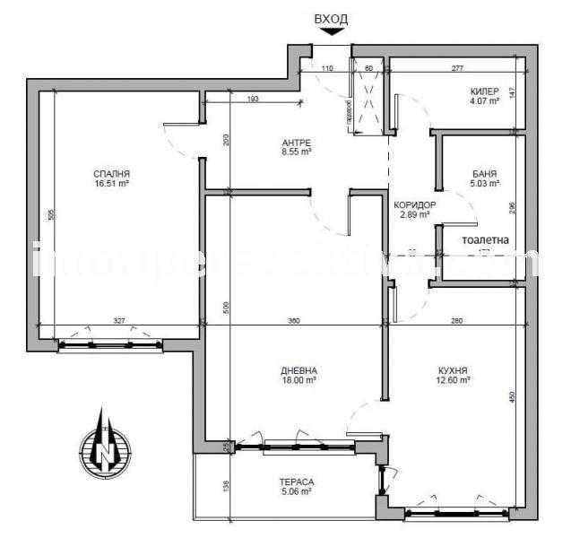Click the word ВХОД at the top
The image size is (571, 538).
tap(332, 18)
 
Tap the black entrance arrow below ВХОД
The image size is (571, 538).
tap(332, 32)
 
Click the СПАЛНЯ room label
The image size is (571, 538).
tap(112, 174)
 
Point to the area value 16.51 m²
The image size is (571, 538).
tap(112, 184)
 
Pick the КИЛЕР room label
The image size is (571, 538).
tap(484, 92)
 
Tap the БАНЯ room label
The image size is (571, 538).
tap(485, 173)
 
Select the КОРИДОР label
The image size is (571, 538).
tap(416, 205)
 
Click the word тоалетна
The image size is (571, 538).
tap(485, 240)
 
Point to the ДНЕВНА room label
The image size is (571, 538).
tap(298, 370)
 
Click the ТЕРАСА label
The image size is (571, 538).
tap(295, 482)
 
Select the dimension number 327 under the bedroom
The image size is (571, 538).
tap(119, 319)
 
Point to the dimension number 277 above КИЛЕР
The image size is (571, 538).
tap(457, 68)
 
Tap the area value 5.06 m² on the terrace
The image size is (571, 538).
tap(295, 491)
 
